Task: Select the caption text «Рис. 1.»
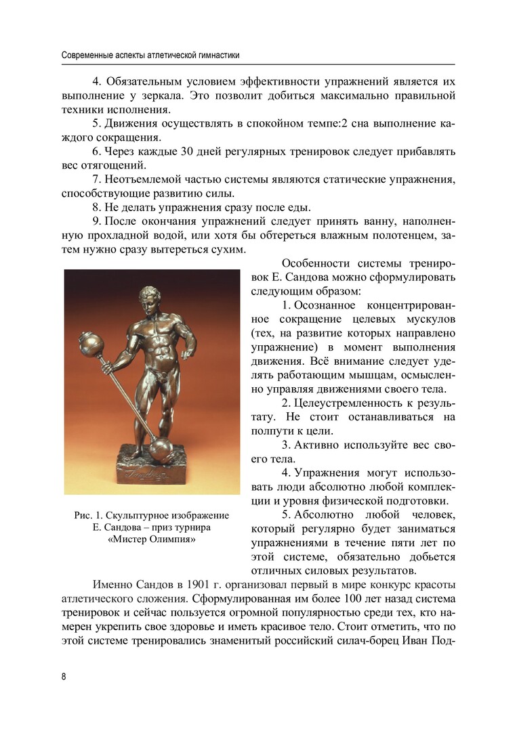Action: (91, 516)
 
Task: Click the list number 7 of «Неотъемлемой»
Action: (95, 179)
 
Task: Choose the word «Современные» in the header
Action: (85, 54)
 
